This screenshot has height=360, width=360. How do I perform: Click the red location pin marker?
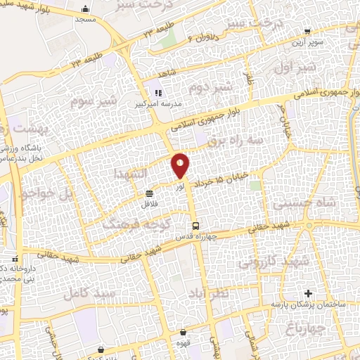tap(181, 165)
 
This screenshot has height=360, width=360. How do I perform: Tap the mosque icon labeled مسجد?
tap(86, 9)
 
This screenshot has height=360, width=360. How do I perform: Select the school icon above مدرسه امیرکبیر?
tap(158, 92)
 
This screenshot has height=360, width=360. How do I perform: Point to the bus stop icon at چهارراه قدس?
tap(196, 225)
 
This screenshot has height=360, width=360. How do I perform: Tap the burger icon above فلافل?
tap(149, 193)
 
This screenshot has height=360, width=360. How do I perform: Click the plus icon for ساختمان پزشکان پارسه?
tap(307, 292)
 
